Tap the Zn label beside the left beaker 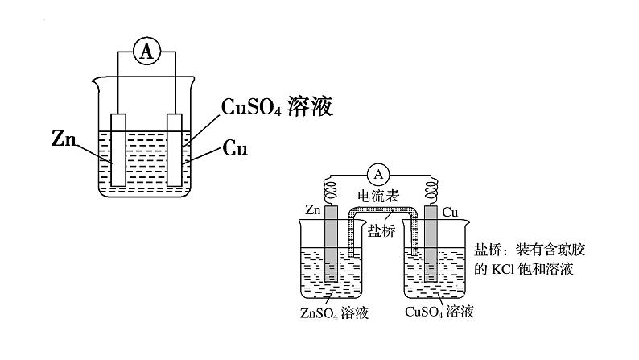[62, 139]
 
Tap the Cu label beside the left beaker [235, 149]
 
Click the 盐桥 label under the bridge [381, 230]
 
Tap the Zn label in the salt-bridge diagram [315, 210]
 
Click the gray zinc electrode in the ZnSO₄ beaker [332, 246]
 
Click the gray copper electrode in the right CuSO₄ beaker [431, 246]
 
